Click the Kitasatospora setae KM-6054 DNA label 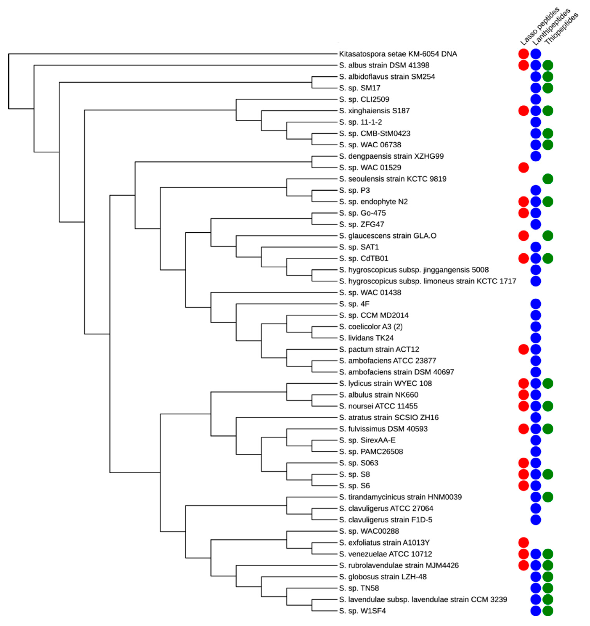[398, 54]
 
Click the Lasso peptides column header [539, 27]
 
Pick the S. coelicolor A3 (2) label [371, 326]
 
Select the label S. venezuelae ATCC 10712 [385, 554]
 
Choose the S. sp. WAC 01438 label [370, 293]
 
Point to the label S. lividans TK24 [366, 338]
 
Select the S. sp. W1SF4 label [362, 611]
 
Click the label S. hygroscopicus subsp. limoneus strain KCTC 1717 [427, 281]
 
